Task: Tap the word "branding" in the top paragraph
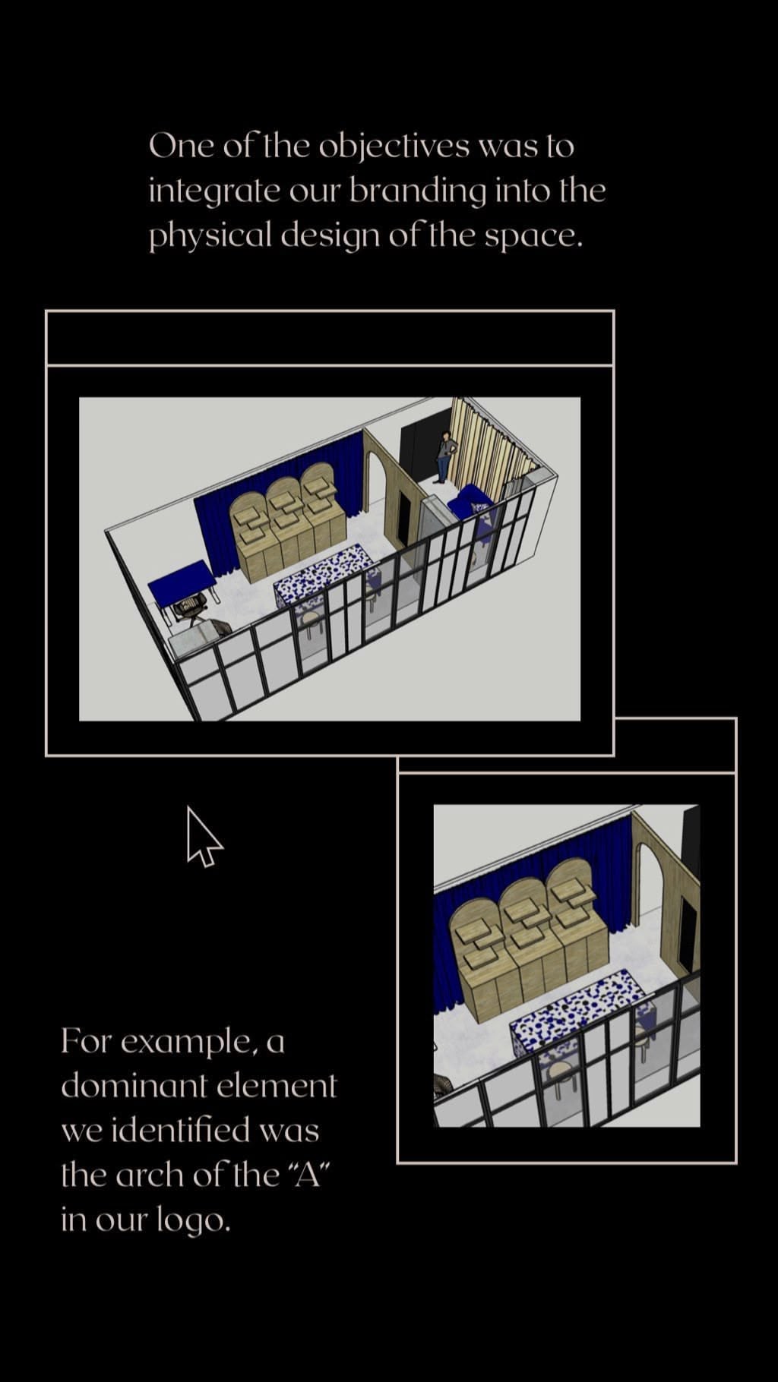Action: pos(417,191)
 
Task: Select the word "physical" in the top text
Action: pos(209,236)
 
